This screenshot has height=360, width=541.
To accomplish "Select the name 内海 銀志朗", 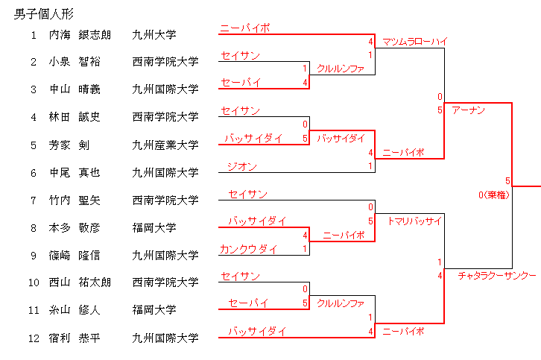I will click(x=80, y=34).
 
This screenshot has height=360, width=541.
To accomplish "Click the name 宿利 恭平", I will click(x=75, y=338).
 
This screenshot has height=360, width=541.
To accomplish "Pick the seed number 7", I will click(x=34, y=200).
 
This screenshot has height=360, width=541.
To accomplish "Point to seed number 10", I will click(x=34, y=282).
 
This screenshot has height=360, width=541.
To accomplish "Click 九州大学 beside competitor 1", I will click(x=154, y=34).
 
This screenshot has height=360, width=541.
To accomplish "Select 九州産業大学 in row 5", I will click(x=165, y=145).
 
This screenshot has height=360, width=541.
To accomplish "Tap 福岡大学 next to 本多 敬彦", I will click(x=154, y=228).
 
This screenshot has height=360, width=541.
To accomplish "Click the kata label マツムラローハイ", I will click(x=414, y=42).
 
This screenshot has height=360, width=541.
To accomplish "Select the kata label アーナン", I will click(x=469, y=110).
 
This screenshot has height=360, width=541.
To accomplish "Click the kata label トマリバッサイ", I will click(x=414, y=221).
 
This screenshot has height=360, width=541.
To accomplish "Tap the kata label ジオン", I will click(x=242, y=166).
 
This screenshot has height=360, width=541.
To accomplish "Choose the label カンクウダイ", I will click(x=248, y=249).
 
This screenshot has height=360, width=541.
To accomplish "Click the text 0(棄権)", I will click(x=494, y=195).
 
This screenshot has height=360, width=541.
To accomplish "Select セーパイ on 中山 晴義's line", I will click(x=240, y=82).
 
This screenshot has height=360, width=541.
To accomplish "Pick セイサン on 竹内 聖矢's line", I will click(x=247, y=194).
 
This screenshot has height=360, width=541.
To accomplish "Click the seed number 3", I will click(x=34, y=89).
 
